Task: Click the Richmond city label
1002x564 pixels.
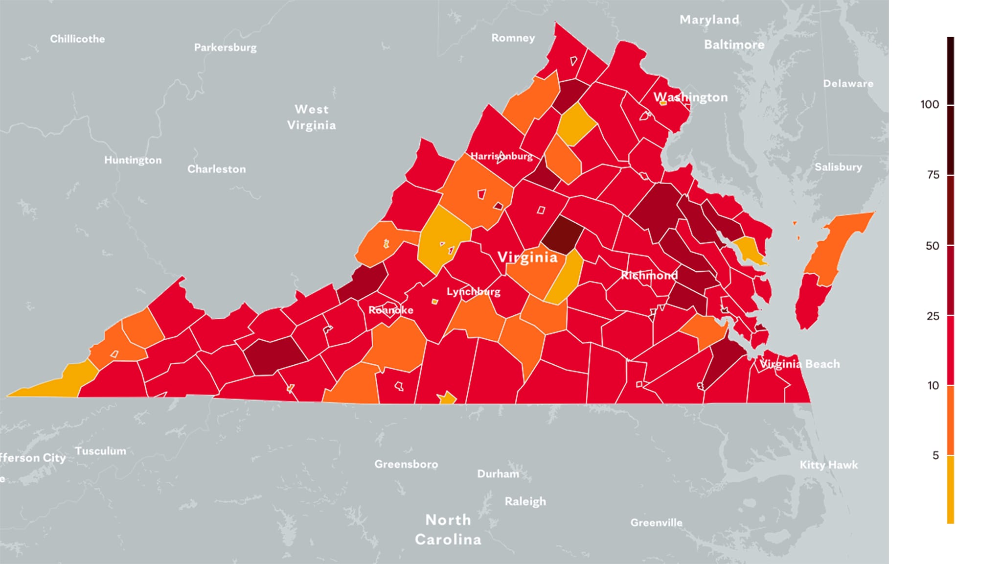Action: (649, 275)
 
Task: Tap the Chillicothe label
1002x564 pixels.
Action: (77, 39)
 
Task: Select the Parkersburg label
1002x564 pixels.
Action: (225, 47)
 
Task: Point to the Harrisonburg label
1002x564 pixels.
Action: (501, 156)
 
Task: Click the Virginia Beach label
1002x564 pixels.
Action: (799, 364)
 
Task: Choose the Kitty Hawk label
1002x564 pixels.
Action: (829, 465)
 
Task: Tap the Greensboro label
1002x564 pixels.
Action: (406, 464)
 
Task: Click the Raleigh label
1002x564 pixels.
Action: (525, 501)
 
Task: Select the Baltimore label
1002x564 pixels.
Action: (734, 45)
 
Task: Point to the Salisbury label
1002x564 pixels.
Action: (838, 167)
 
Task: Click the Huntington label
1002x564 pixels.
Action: (133, 160)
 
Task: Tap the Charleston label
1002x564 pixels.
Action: (216, 169)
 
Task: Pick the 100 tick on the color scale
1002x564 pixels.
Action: (930, 104)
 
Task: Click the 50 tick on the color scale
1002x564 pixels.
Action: (932, 245)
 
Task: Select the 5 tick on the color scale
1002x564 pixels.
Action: (935, 455)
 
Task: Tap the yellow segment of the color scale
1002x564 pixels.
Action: (950, 490)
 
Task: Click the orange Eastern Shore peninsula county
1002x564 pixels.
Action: (837, 245)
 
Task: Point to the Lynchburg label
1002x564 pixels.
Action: (473, 292)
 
